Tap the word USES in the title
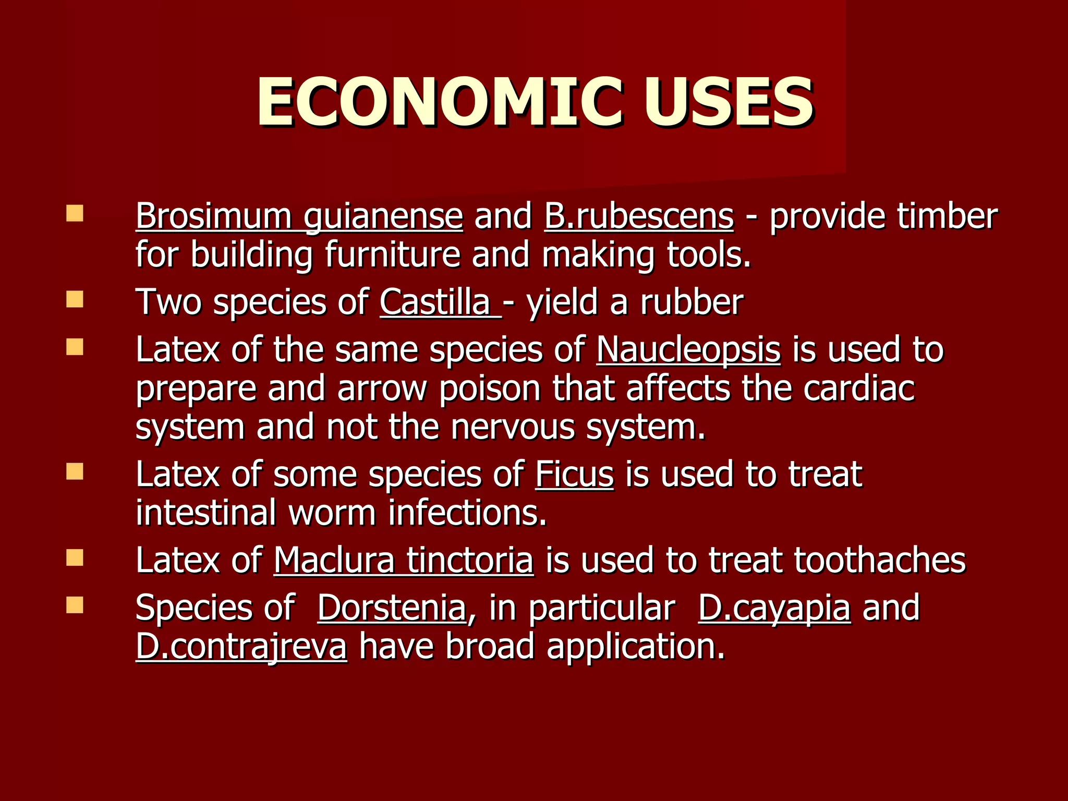pos(728,102)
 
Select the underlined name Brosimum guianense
pos(299,216)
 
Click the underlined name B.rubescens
pos(639,216)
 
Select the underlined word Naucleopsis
pos(688,349)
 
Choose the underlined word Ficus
pos(574,475)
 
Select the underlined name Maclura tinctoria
pos(404,561)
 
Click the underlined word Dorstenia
pos(391,608)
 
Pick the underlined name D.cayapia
pos(774,608)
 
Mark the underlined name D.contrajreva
pos(241,647)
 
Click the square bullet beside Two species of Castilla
pos(75,300)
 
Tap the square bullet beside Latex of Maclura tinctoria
pos(75,559)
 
